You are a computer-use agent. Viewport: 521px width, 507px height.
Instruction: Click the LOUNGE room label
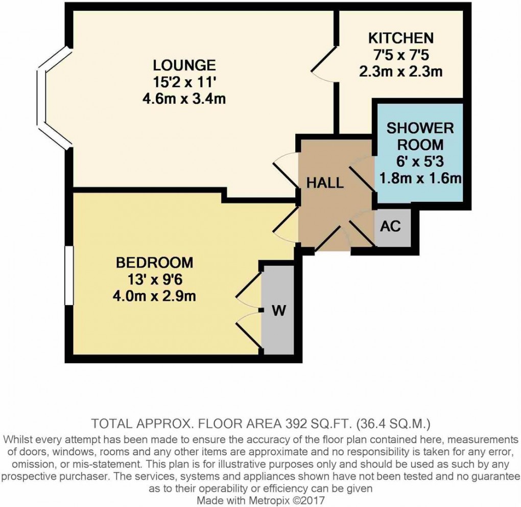click(184, 65)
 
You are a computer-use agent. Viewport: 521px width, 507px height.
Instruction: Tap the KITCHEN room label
click(401, 38)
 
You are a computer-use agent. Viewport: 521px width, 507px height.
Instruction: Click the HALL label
click(325, 182)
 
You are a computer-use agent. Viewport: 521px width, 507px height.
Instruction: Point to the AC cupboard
click(391, 226)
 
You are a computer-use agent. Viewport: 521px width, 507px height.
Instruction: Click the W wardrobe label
click(278, 310)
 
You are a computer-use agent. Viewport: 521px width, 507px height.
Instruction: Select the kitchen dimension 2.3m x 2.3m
click(401, 71)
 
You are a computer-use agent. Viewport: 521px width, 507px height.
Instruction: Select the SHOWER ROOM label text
click(420, 135)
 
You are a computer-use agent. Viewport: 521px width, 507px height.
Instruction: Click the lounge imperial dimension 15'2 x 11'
click(184, 82)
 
